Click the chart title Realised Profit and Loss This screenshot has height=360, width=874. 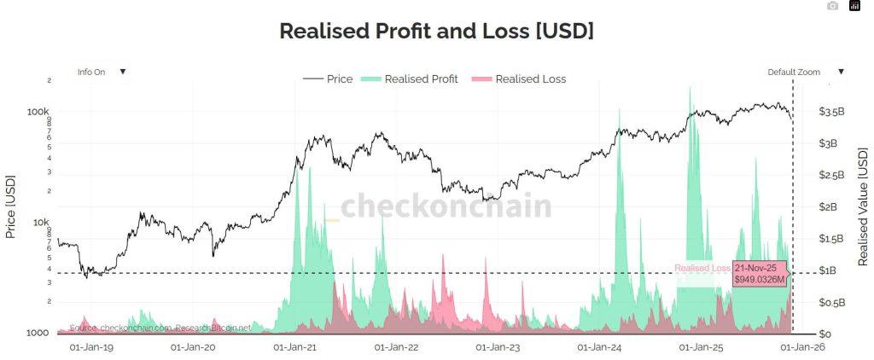point(436,31)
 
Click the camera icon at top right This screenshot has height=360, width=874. point(833,7)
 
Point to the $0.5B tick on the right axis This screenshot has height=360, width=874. point(831,302)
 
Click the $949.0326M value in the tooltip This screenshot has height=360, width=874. point(760,279)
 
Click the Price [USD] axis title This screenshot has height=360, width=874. point(10,206)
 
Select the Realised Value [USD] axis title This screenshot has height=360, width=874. point(863,206)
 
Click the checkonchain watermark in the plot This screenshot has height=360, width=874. point(446,206)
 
